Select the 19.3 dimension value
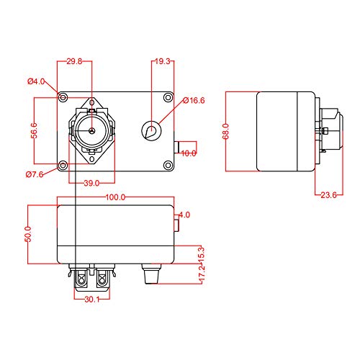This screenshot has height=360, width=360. (162, 63)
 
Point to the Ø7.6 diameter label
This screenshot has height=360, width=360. (36, 174)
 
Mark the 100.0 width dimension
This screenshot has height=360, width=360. (114, 197)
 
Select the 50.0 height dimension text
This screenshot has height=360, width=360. (28, 234)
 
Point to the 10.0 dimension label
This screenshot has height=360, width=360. (188, 153)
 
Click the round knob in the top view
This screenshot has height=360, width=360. (153, 130)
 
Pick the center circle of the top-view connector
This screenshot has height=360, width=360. (91, 130)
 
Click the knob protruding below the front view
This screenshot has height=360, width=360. (151, 274)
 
